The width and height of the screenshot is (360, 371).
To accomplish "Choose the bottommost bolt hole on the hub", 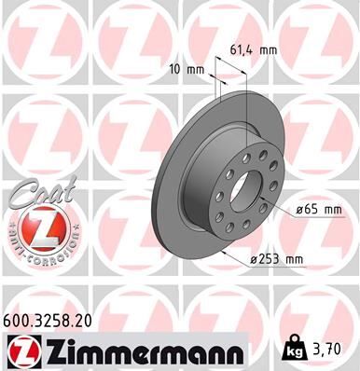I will pyautogui.click(x=241, y=236).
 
